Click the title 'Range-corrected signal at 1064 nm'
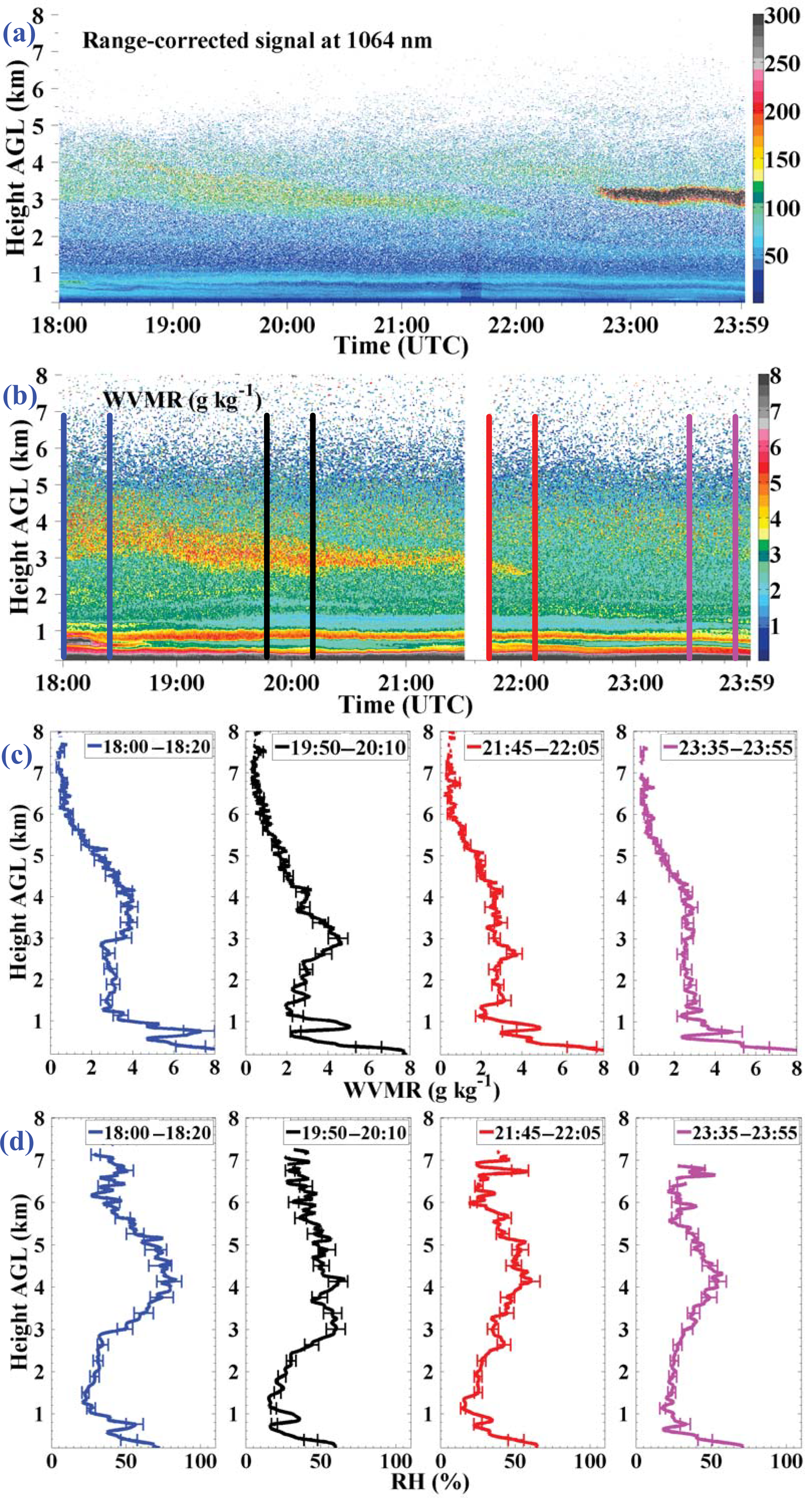pos(257,41)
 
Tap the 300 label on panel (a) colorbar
pos(782,16)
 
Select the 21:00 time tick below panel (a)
pos(402,324)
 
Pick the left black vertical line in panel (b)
pos(266,535)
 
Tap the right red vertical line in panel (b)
pos(535,535)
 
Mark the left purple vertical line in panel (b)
pos(689,535)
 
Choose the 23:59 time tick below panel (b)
pos(746,682)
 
